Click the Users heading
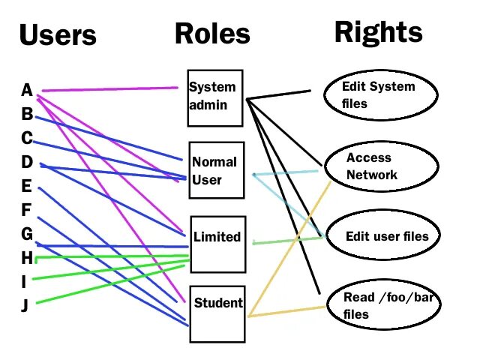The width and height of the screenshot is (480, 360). coord(58,35)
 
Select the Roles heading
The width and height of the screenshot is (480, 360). coord(212,34)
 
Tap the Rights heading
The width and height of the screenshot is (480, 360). coord(378,31)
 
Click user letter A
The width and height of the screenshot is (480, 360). coord(27,91)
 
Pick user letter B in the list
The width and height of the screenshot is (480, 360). coord(27,115)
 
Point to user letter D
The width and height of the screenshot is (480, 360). coord(27,162)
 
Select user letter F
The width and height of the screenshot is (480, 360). coord(27,210)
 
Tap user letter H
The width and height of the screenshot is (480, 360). coord(27,258)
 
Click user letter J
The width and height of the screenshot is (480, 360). coord(25,306)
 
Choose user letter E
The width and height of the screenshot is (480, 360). coord(27,186)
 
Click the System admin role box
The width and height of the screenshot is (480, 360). coord(215,98)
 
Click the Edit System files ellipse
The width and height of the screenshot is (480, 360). coord(378,94)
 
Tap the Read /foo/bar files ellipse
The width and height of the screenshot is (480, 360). coord(383,305)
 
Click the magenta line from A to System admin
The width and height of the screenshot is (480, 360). coord(112,89)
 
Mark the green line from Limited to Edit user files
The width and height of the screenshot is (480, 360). coord(289,240)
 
